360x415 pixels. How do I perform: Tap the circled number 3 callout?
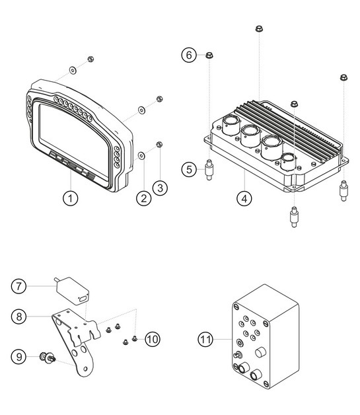click(159, 188)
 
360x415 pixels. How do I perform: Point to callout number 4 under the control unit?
click(244, 197)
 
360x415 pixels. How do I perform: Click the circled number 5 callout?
click(190, 170)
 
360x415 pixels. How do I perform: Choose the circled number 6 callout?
click(190, 56)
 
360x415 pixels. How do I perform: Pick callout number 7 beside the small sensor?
click(20, 286)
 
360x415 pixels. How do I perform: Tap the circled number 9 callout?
click(20, 358)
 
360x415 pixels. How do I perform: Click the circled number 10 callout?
click(152, 339)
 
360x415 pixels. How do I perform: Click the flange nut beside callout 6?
click(209, 55)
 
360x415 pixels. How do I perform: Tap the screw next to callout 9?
click(48, 358)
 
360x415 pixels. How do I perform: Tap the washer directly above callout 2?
click(142, 155)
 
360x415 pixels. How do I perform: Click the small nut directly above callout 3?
click(159, 145)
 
